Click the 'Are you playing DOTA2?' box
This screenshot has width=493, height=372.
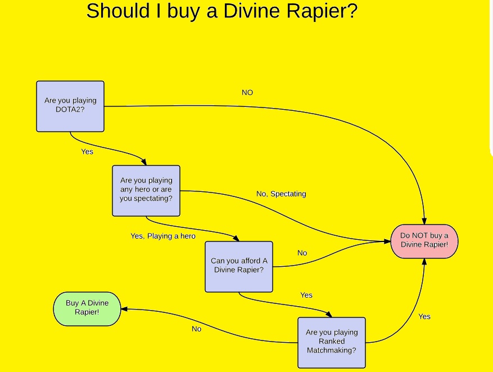pos(70,106)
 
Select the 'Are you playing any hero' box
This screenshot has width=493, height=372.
pos(146,190)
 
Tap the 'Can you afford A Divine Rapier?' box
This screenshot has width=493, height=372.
pos(239,266)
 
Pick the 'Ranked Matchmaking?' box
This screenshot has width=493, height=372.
pos(332,342)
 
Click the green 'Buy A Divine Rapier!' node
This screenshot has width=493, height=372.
pos(87,308)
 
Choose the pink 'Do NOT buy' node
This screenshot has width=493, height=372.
pos(424,241)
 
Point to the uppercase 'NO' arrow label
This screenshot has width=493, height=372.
pos(247,92)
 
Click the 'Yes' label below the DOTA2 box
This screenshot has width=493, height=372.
pos(87,151)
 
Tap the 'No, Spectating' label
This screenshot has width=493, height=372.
pos(281,194)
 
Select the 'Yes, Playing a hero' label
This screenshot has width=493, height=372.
pos(163,236)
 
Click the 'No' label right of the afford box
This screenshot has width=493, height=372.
pos(302,253)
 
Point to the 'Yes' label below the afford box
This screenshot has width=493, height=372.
pos(306,295)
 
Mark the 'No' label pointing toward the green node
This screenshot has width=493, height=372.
pos(196,329)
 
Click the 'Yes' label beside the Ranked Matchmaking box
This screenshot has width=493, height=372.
pos(424,316)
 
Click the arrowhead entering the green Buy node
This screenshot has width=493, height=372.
pos(124,309)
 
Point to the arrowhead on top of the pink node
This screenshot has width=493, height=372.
pos(424,221)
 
